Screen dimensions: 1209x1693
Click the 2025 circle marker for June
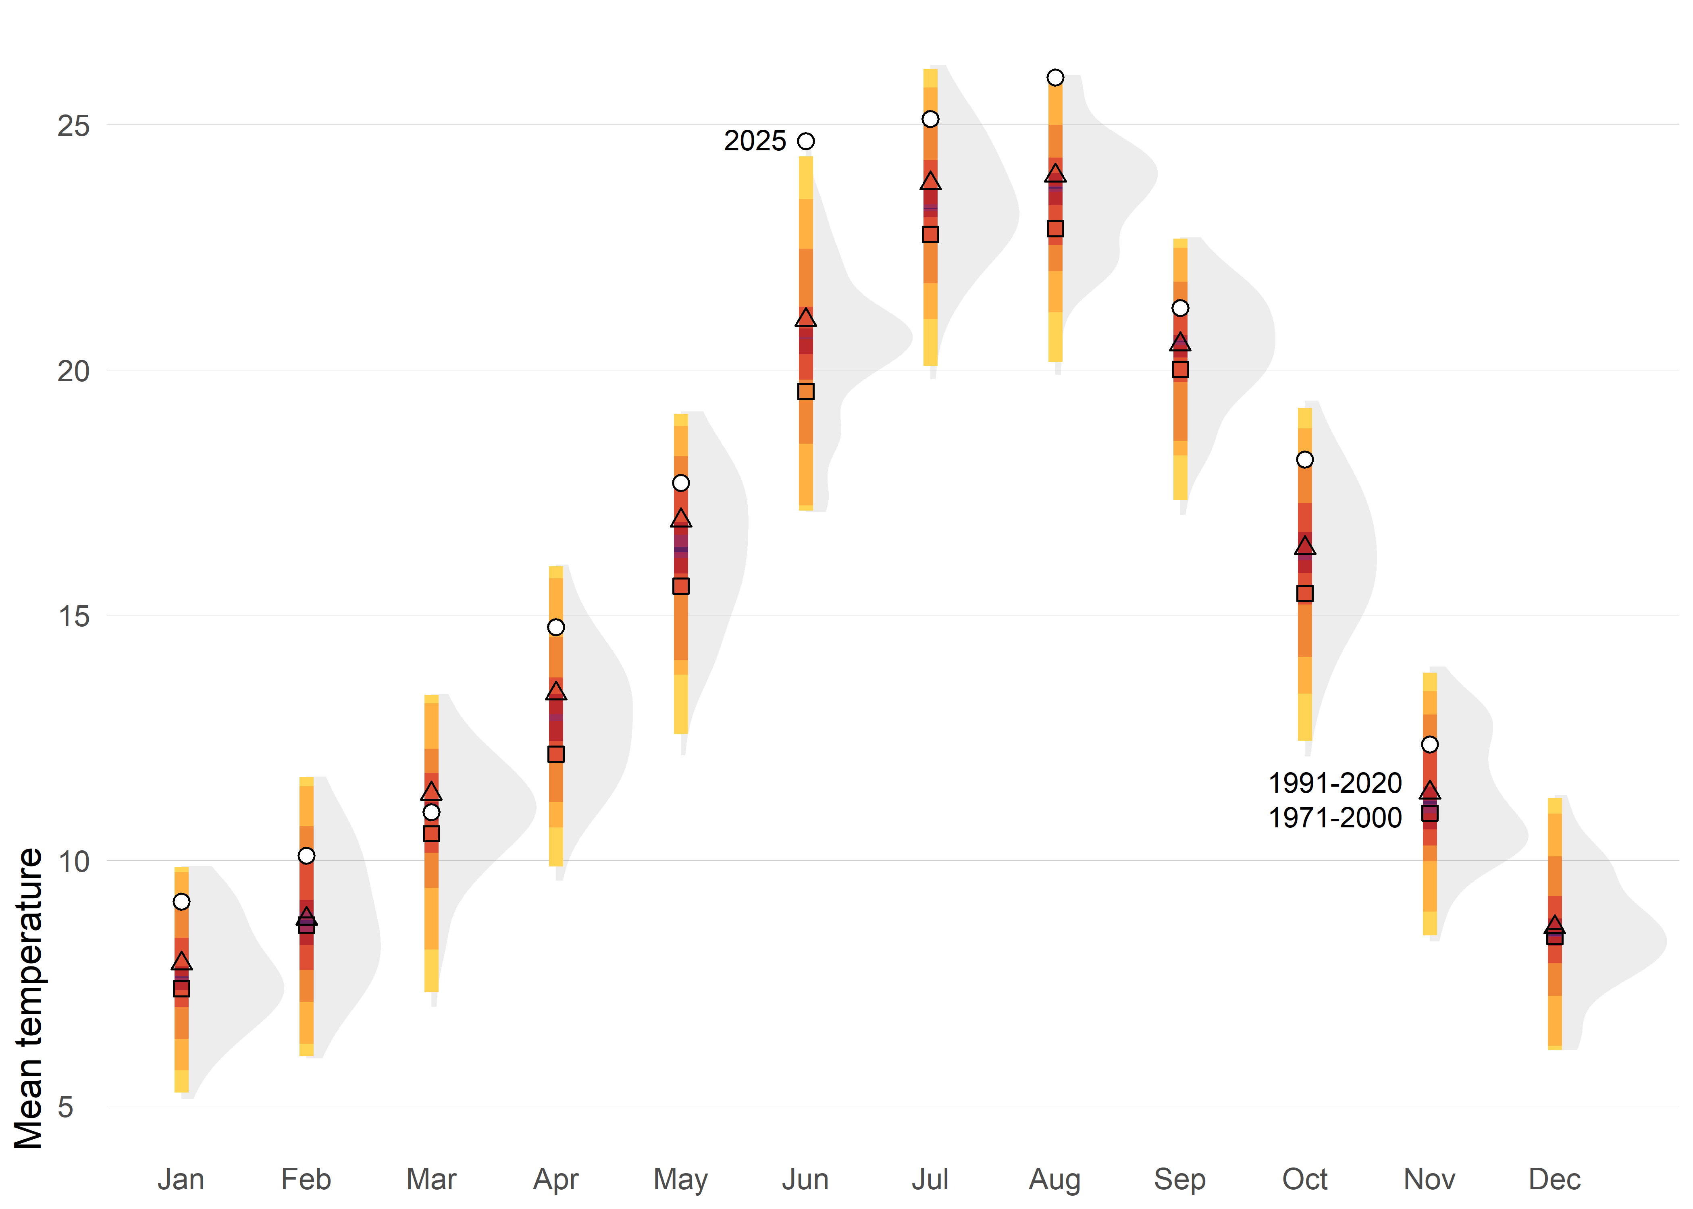805,141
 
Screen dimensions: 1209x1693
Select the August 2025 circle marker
1055,77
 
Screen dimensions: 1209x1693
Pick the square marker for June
805,392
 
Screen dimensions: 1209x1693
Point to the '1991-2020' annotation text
1335,783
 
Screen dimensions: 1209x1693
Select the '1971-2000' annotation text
1335,817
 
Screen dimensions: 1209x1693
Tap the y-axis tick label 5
66,1107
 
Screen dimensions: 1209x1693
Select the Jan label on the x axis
181,1179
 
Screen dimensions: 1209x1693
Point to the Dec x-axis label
1554,1179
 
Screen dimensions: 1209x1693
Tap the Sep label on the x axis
1180,1179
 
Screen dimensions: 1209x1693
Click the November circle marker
1429,744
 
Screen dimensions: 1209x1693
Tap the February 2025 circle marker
306,856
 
